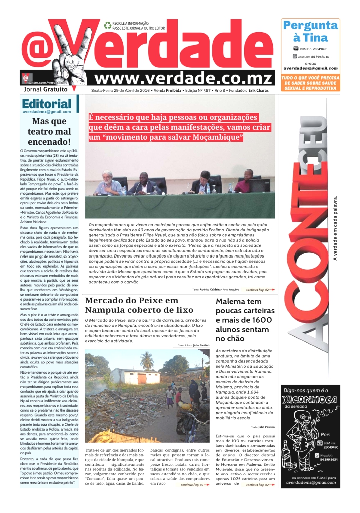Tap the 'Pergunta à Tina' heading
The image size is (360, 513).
[x=310, y=31]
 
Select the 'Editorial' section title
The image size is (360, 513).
[x=46, y=104]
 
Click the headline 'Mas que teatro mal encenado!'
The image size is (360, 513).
[x=49, y=131]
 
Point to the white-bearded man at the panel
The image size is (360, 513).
[x=107, y=181]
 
